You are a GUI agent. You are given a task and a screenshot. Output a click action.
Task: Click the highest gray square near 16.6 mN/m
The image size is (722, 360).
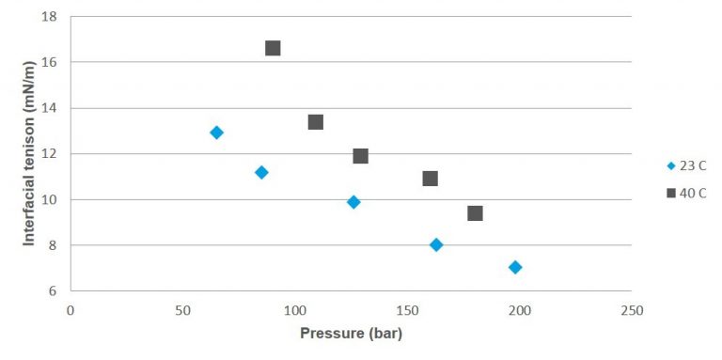pyautogui.click(x=273, y=48)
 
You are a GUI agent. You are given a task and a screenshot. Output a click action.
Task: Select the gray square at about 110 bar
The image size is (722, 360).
pyautogui.click(x=316, y=122)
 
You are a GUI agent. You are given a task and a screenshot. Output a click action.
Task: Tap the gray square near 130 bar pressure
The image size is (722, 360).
pyautogui.click(x=360, y=156)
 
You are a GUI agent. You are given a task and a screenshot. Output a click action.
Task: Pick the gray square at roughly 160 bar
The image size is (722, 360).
pyautogui.click(x=431, y=179)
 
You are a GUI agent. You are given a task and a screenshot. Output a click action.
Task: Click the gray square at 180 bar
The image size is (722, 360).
pyautogui.click(x=475, y=213)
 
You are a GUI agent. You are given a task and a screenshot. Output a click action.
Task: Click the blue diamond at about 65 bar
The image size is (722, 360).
pyautogui.click(x=216, y=133)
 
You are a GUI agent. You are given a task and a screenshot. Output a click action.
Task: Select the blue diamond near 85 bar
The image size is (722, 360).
pyautogui.click(x=261, y=172)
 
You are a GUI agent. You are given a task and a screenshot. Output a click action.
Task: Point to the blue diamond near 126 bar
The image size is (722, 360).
pyautogui.click(x=353, y=202)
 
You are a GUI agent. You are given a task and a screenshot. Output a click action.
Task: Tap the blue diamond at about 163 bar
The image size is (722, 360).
pyautogui.click(x=436, y=244)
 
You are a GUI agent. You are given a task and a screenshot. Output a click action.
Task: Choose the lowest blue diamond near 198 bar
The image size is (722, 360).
pyautogui.click(x=515, y=267)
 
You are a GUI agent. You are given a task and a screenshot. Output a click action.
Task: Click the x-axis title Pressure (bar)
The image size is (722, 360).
pyautogui.click(x=351, y=334)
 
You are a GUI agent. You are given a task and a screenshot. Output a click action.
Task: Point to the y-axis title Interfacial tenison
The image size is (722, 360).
pyautogui.click(x=29, y=155)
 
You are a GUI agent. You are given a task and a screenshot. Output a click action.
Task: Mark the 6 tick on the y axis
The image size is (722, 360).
pyautogui.click(x=53, y=291)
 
